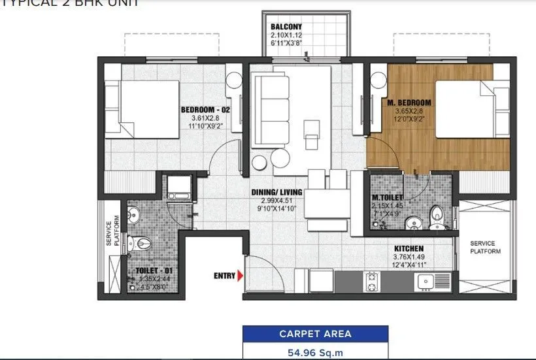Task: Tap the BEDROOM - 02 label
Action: coord(203,110)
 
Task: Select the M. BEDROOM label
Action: coord(412,103)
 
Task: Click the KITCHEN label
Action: coord(409,248)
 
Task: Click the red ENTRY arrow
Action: coord(241,276)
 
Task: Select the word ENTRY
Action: coord(224,276)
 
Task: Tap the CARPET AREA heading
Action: coord(315,334)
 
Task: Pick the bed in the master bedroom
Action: coord(471,108)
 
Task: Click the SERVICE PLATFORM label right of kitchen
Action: coord(485,248)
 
